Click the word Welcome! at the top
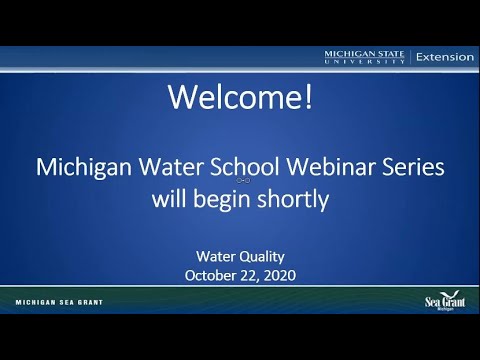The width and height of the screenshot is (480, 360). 239,97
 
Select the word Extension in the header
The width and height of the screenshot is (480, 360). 445,57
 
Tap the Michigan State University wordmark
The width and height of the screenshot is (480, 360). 365,57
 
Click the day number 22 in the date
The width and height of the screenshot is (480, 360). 246,274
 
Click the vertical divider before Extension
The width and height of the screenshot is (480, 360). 410,57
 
